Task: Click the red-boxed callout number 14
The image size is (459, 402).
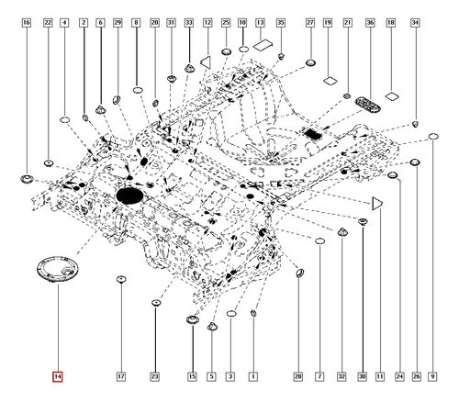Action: click(58, 376)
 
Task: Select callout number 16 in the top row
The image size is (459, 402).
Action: click(27, 22)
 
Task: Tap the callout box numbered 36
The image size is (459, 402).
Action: click(370, 22)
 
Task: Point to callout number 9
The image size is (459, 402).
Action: click(432, 376)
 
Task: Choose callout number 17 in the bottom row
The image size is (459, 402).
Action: click(121, 376)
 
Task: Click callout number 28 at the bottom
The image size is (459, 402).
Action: click(298, 376)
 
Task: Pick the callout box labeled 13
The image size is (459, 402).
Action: click(260, 22)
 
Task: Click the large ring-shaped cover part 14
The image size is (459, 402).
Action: click(57, 269)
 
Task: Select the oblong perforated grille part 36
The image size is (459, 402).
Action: click(368, 105)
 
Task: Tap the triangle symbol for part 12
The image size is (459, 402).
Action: click(207, 61)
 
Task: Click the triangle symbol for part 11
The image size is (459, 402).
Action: click(377, 204)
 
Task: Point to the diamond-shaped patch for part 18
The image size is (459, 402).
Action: click(392, 96)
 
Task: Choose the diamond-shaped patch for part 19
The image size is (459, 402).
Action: click(330, 81)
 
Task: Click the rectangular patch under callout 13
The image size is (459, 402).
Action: click(263, 45)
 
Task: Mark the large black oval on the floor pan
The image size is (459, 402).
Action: click(129, 195)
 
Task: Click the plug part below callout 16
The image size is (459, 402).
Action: click(27, 179)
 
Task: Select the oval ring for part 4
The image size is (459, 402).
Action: click(64, 119)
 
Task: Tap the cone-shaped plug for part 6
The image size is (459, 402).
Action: click(101, 109)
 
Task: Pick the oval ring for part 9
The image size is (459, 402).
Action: click(433, 136)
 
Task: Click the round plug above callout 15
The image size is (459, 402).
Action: click(193, 320)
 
